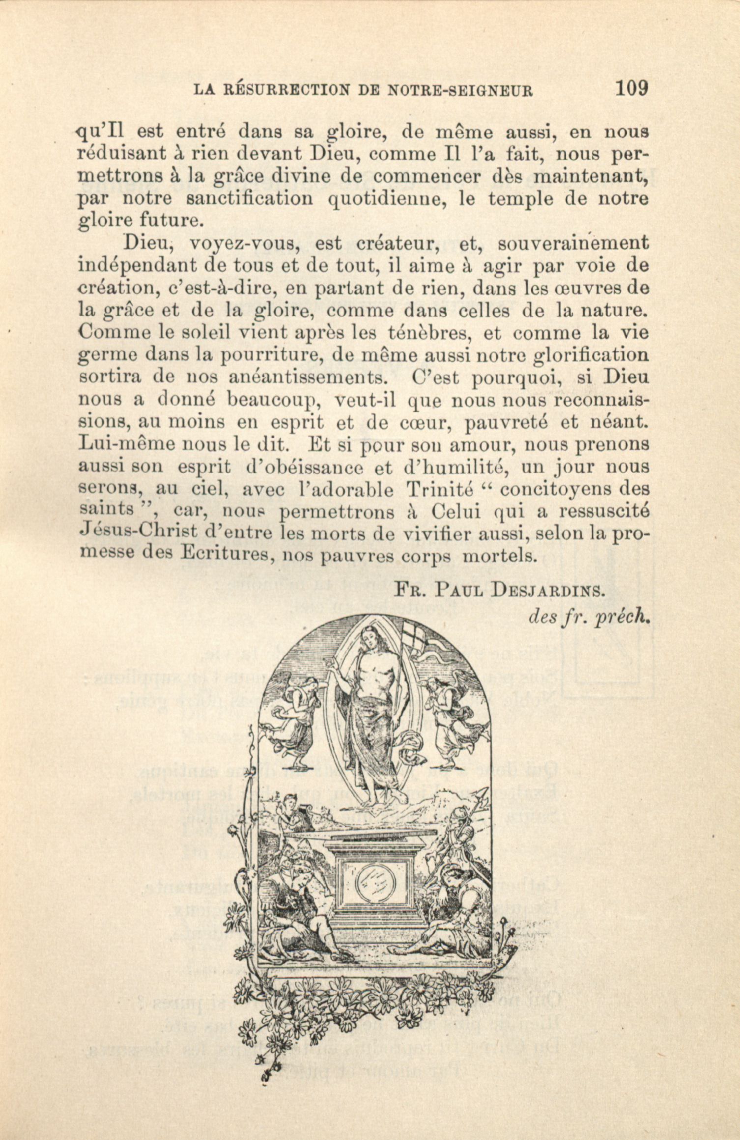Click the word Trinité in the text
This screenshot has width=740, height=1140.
click(x=439, y=489)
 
